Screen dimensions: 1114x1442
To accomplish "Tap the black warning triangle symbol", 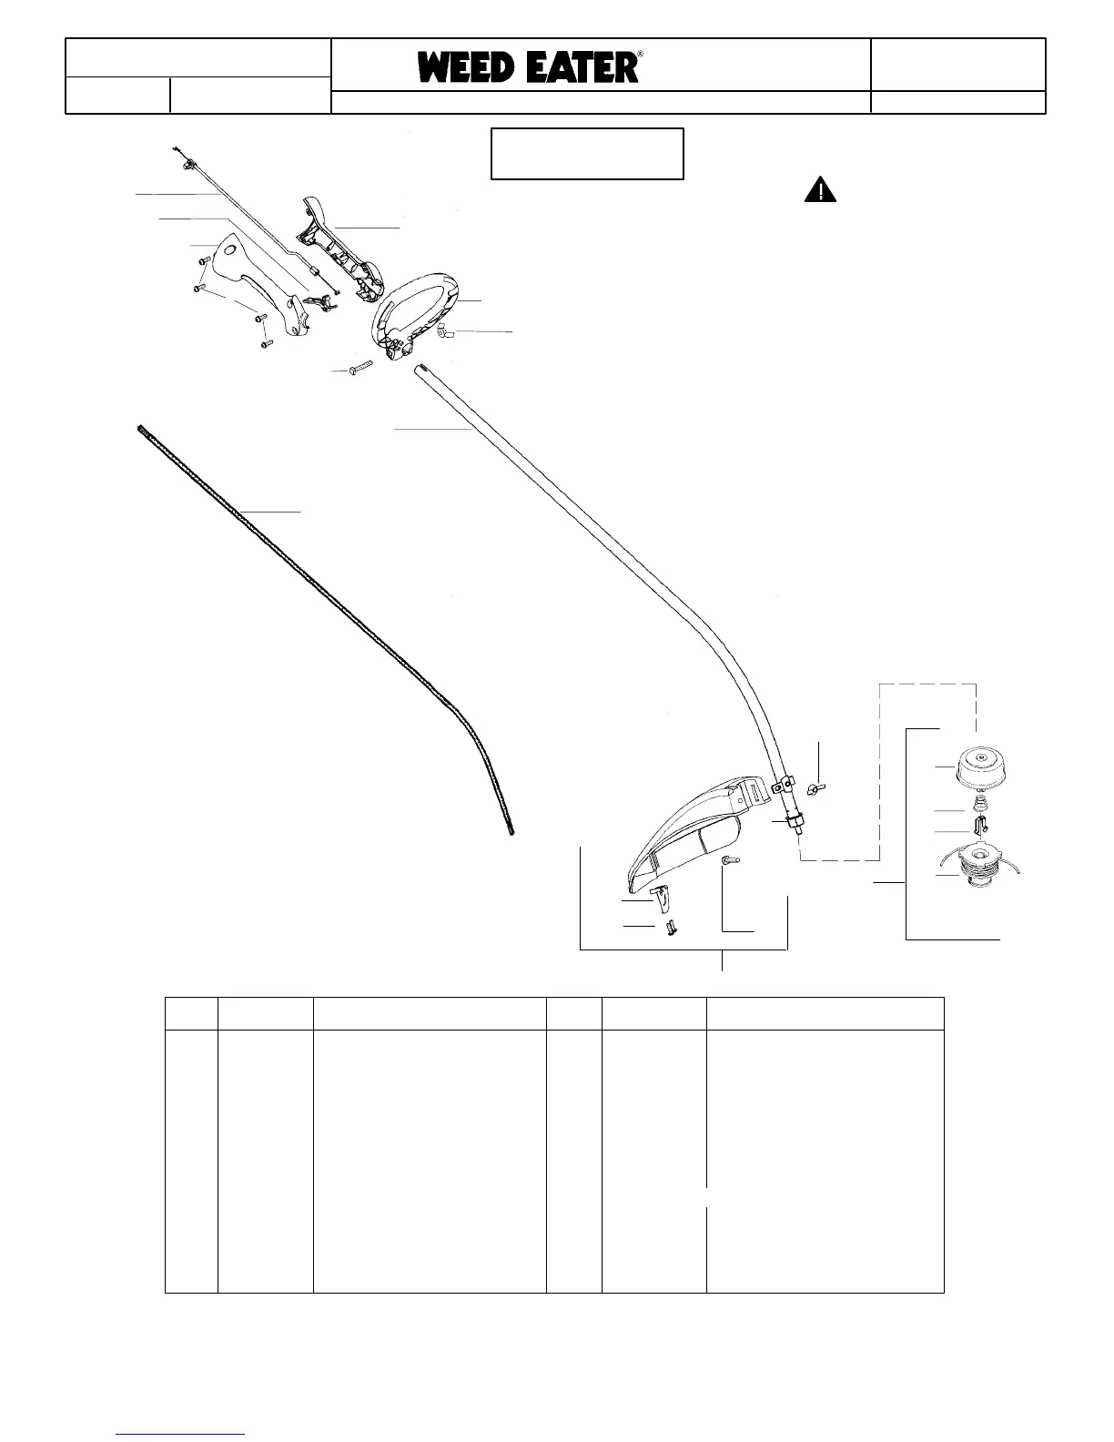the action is tap(820, 190).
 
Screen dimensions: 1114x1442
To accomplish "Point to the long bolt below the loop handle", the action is tap(360, 369).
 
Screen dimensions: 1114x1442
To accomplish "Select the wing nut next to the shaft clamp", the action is tap(818, 786).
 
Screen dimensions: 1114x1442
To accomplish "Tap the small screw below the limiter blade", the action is tap(671, 929).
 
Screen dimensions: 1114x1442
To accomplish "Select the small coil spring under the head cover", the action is tap(980, 804).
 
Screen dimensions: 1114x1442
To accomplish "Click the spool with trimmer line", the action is tap(981, 871).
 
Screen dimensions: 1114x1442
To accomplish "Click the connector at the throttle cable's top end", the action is tap(186, 164).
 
